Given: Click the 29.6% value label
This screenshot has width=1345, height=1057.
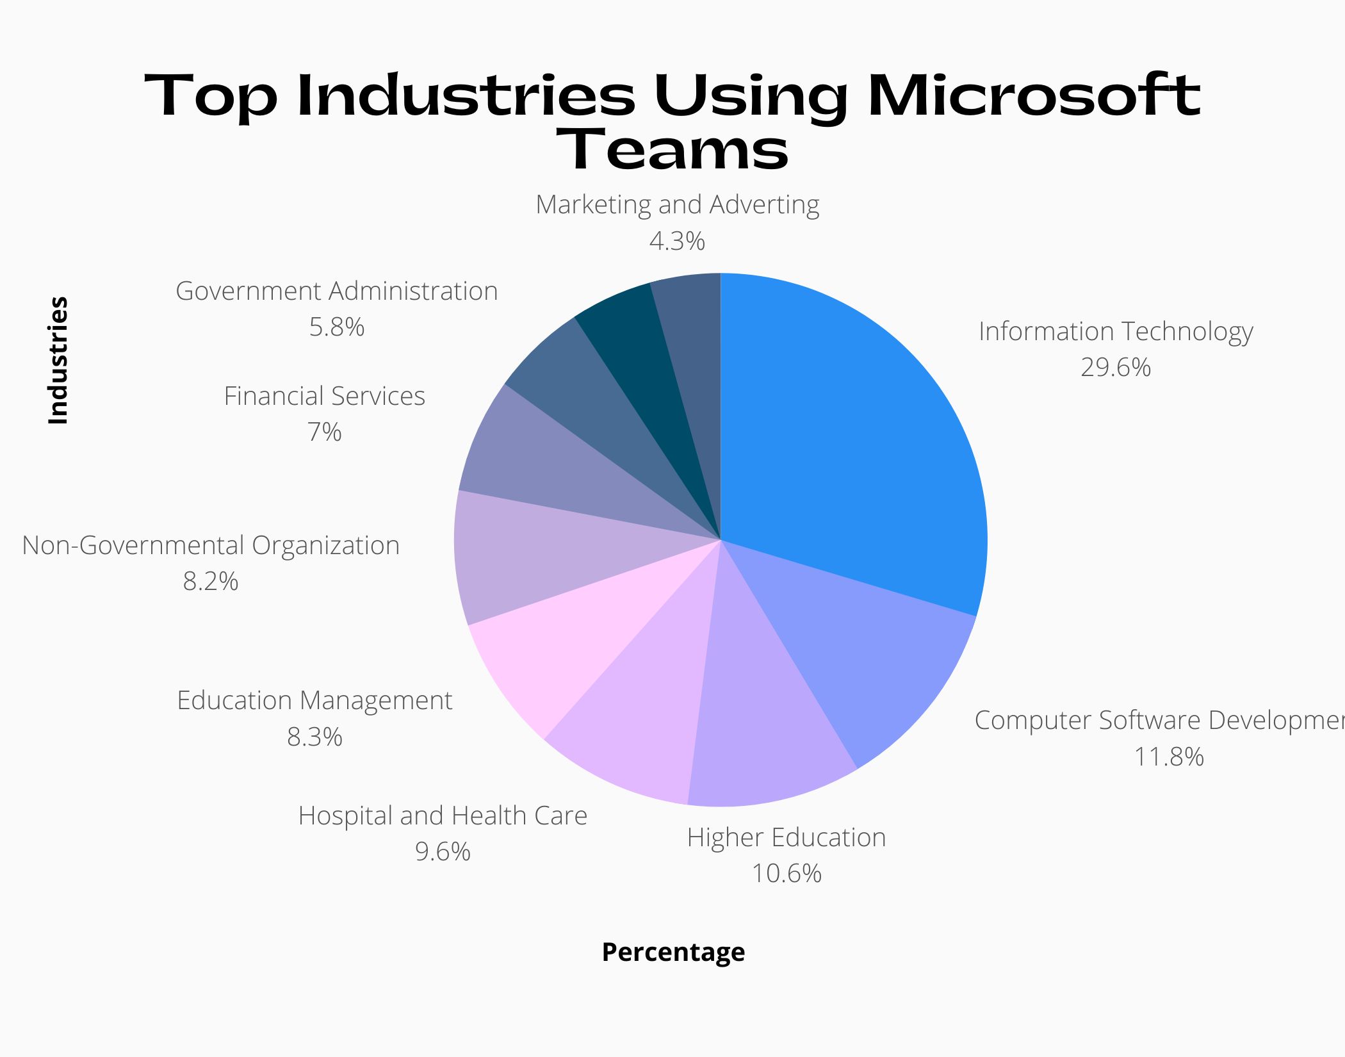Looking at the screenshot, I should [1116, 368].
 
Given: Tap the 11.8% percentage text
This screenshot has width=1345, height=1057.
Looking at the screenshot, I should [1169, 757].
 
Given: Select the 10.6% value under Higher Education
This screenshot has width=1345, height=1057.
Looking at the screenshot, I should [787, 874].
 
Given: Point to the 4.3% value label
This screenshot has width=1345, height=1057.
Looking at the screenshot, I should [677, 242].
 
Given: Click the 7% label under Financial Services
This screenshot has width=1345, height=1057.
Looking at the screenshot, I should [325, 432].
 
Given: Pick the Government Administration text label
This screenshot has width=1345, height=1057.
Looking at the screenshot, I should [337, 291].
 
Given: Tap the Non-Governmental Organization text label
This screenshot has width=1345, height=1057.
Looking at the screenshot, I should [211, 546].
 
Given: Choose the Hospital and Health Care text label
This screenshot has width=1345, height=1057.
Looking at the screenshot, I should [443, 816].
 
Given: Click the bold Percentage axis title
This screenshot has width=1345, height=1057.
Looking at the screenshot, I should [673, 952].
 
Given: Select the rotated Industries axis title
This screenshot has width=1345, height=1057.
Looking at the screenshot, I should [58, 360].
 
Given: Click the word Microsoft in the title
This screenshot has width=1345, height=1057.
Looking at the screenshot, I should [1034, 96].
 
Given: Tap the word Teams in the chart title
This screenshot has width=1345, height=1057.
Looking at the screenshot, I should [672, 150].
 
